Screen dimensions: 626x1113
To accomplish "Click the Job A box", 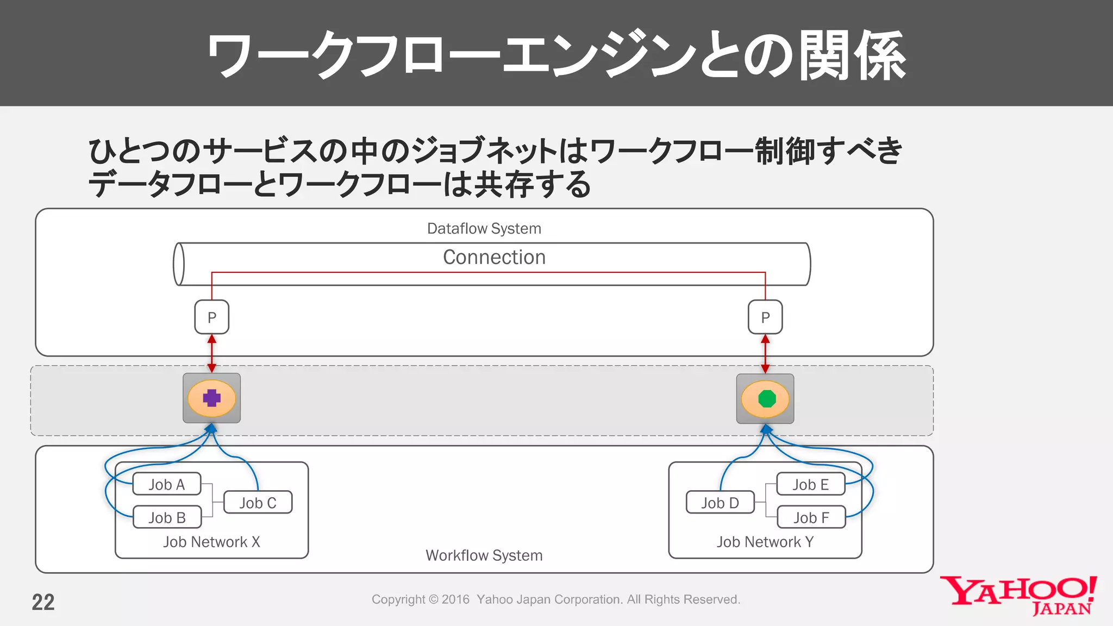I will pos(167,484).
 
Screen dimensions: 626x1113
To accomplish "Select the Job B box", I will pos(167,517).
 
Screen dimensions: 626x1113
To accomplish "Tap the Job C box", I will pos(258,503).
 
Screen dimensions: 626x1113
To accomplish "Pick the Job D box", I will pos(720,503).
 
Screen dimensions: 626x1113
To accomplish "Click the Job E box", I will pos(810,484).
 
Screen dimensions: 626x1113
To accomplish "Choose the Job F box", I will pos(811,517).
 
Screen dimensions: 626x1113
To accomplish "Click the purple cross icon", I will pos(212,398).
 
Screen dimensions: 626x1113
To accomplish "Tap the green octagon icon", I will pos(766,399).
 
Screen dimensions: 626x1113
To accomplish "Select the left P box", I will pos(212,317).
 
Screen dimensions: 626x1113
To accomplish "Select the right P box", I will pos(765,317).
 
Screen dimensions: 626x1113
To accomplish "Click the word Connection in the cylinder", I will pos(494,257).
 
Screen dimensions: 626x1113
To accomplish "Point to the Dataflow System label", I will pos(484,228).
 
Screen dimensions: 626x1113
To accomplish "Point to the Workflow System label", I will pos(484,555).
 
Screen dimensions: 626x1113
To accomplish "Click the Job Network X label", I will pos(211,542).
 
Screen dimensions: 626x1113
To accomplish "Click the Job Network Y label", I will pos(765,542).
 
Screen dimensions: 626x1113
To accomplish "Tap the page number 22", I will pos(43,602).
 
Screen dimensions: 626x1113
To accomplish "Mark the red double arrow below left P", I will pos(212,354).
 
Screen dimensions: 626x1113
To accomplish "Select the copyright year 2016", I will pos(455,599).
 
